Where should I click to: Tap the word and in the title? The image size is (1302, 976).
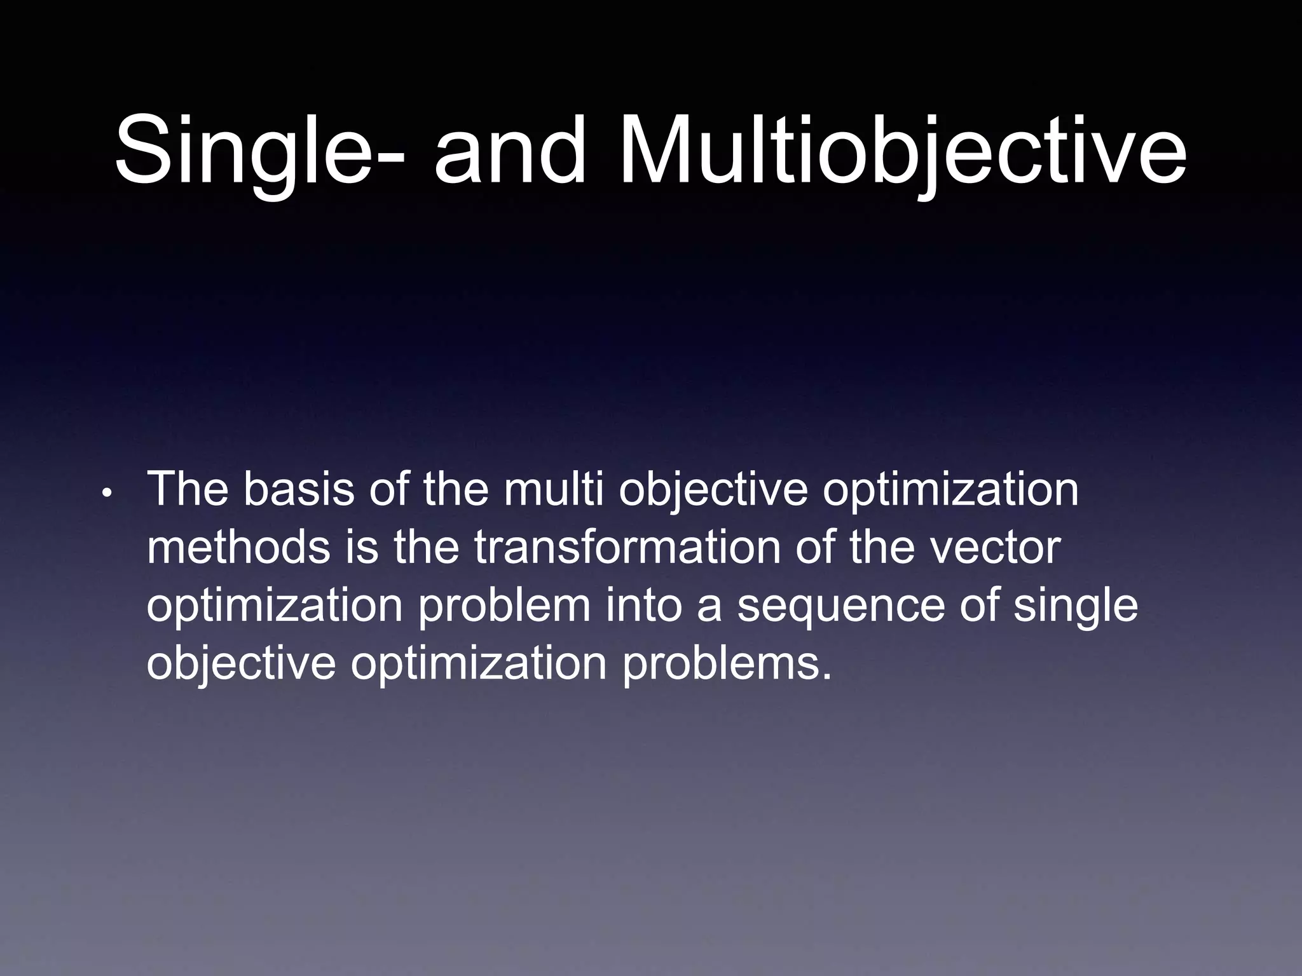509,151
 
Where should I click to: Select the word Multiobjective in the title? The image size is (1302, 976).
901,151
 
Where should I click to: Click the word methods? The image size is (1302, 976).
239,548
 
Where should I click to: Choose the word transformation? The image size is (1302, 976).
627,548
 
